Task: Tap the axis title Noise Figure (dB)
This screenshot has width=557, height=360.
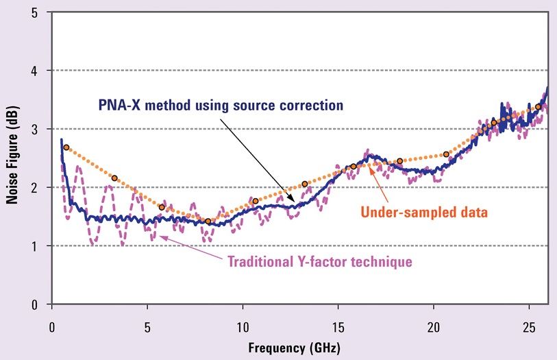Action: [12, 159]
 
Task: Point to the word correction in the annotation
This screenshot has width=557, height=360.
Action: [312, 106]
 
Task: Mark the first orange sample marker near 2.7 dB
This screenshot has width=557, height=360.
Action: [66, 147]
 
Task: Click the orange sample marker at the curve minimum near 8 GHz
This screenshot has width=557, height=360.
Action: [208, 221]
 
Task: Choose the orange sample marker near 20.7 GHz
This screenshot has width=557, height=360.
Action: [447, 154]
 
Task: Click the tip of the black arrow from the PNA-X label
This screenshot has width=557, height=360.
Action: [297, 203]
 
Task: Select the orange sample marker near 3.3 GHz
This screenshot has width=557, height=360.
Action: [114, 178]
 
